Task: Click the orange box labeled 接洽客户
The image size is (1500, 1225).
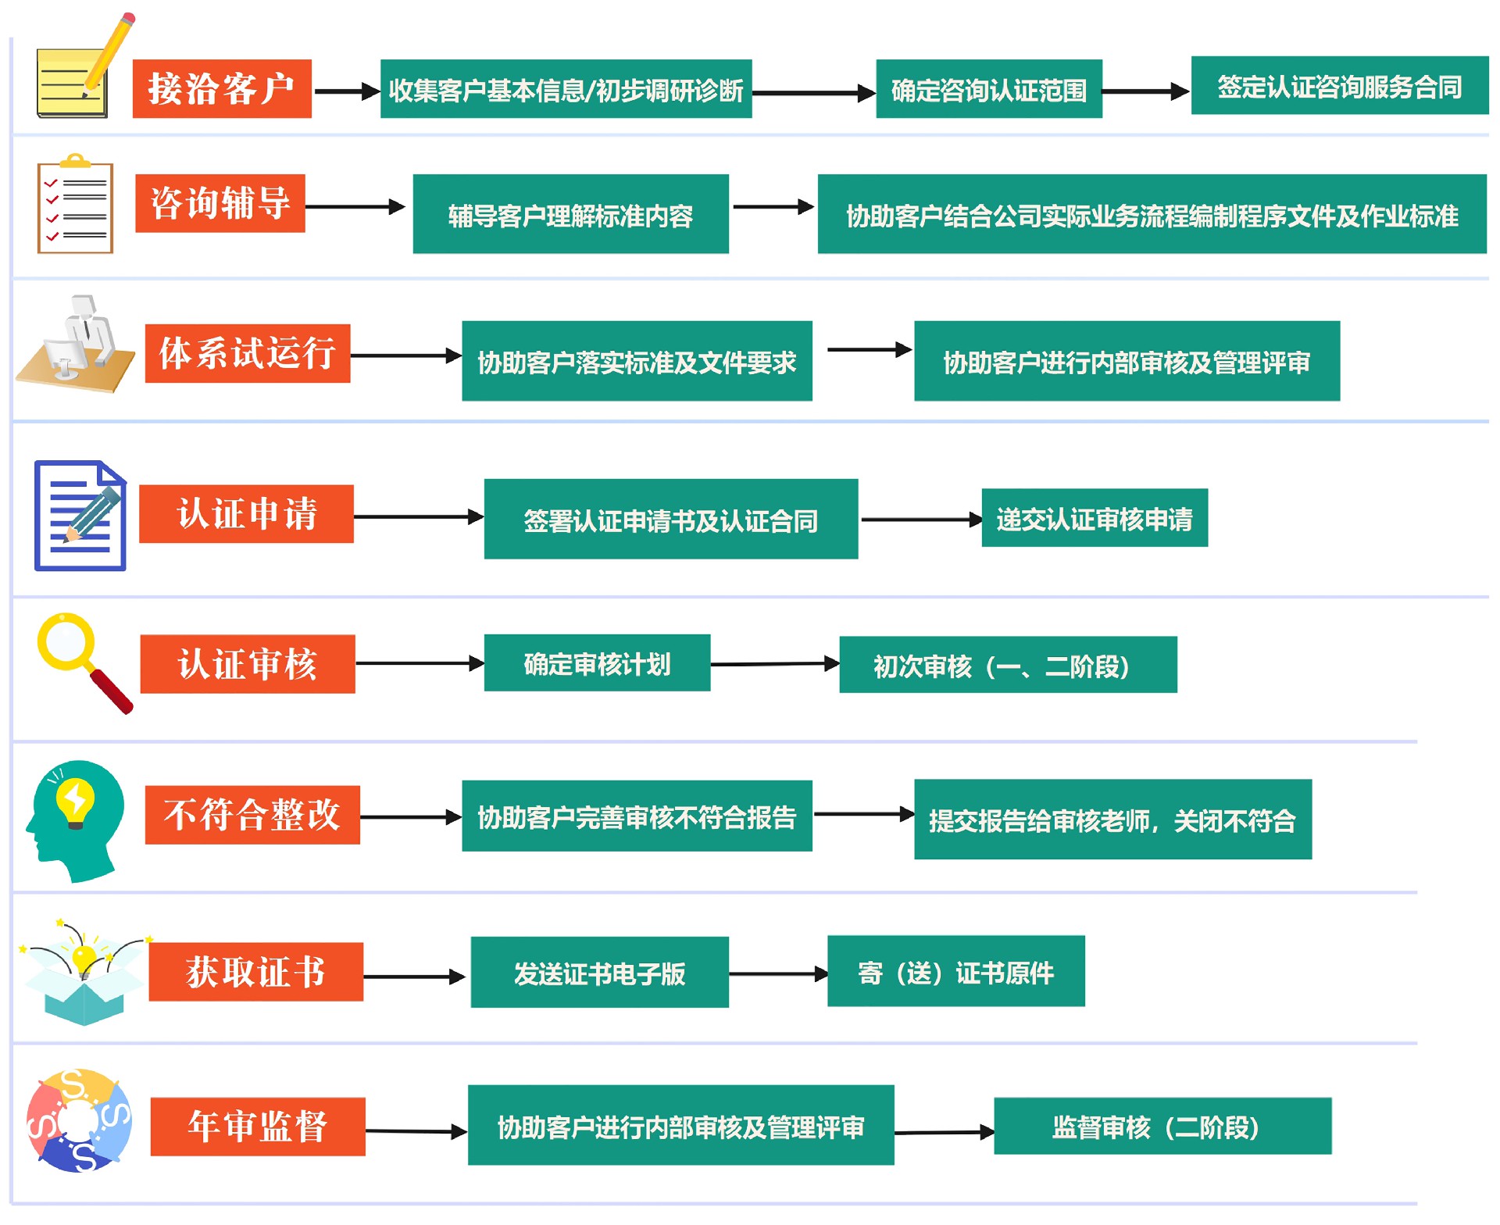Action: tap(222, 89)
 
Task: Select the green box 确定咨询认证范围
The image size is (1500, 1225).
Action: tap(988, 89)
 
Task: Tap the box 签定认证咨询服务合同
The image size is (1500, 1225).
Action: tap(1339, 86)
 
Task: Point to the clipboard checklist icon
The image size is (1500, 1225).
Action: tap(75, 205)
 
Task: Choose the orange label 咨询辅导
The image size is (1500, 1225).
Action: tap(220, 203)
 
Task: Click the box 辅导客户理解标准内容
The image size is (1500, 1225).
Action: tap(570, 214)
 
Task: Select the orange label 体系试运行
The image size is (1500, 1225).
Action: tap(247, 353)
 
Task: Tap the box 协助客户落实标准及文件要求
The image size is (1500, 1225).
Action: tap(636, 361)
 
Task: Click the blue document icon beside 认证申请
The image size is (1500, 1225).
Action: tap(80, 516)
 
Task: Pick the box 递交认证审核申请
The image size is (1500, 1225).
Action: tap(1094, 518)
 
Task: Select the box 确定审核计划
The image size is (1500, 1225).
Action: tap(597, 663)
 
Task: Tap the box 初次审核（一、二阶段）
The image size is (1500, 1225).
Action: tap(1007, 665)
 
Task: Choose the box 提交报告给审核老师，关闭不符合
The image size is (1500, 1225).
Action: tap(1112, 820)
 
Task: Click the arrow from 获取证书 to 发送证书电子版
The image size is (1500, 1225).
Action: tap(415, 977)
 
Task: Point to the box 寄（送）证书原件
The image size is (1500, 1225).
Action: tap(955, 971)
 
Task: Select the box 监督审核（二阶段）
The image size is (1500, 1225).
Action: tap(1162, 1126)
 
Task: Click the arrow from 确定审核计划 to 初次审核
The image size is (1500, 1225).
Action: tap(774, 664)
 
